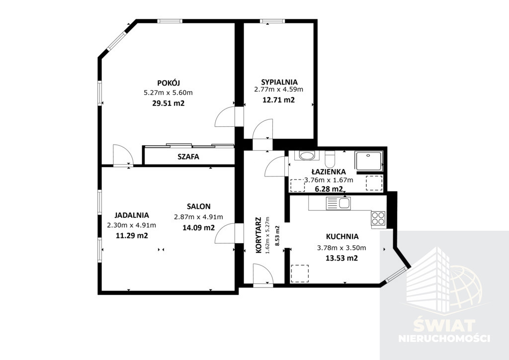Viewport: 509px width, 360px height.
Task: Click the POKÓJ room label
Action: pyautogui.click(x=169, y=83)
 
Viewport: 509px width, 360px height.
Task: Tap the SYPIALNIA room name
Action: pyautogui.click(x=279, y=82)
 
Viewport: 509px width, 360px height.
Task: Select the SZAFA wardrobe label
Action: pyautogui.click(x=188, y=157)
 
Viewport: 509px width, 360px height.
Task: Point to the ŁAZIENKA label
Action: pyautogui.click(x=329, y=172)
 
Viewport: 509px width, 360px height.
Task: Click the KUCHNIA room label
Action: pyautogui.click(x=342, y=236)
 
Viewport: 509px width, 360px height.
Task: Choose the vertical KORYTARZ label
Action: pyautogui.click(x=258, y=235)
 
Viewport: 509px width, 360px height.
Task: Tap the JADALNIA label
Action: pyautogui.click(x=131, y=215)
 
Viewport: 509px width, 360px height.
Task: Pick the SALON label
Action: pyautogui.click(x=199, y=206)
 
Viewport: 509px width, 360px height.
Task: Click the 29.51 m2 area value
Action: pyautogui.click(x=168, y=103)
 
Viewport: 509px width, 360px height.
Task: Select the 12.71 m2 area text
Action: pyautogui.click(x=278, y=99)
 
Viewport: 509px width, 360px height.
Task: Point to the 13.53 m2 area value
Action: pyautogui.click(x=341, y=258)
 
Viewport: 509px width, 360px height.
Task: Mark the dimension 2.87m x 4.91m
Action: pyautogui.click(x=199, y=217)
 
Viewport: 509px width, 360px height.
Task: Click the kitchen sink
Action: pyautogui.click(x=338, y=203)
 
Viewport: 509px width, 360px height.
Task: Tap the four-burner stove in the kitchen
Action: pyautogui.click(x=378, y=218)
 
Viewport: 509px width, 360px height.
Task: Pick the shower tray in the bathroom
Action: pyautogui.click(x=369, y=161)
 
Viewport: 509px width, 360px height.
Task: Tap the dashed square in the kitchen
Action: pyautogui.click(x=300, y=273)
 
